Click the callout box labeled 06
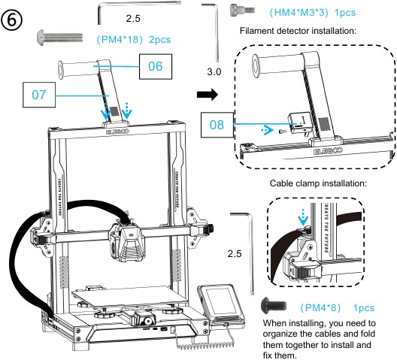coord(155,66)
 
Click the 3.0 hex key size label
coord(214,74)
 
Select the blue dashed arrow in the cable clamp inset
coord(304,218)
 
